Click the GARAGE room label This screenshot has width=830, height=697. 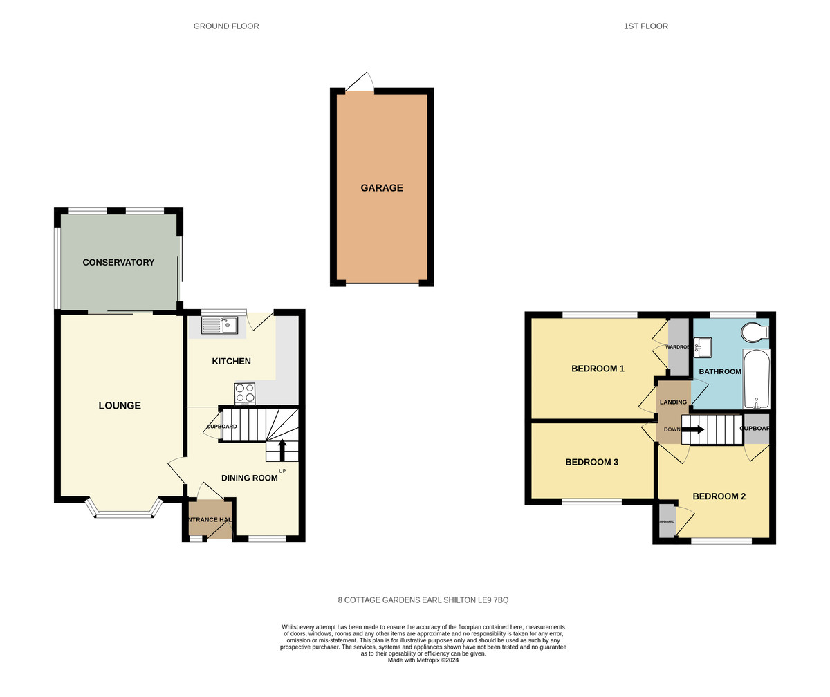tap(381, 188)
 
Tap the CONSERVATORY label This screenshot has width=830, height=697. tap(118, 263)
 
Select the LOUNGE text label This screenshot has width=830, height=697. tap(120, 406)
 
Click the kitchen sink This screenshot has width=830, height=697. tap(219, 325)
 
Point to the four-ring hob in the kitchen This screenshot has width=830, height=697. tap(245, 393)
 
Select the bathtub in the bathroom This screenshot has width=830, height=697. tap(756, 380)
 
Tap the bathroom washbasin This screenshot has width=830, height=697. tap(703, 347)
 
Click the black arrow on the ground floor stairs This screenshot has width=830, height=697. tap(282, 449)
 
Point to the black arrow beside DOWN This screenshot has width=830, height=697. tap(694, 429)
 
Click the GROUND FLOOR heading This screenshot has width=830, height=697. tap(226, 26)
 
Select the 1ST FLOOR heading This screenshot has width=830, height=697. tap(645, 26)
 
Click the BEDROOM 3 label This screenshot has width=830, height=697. tap(591, 462)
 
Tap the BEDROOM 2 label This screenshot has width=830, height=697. tap(719, 496)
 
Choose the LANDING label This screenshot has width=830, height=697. tap(673, 402)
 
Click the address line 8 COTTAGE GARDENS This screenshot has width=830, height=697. tap(423, 600)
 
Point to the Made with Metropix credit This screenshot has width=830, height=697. tap(423, 660)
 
